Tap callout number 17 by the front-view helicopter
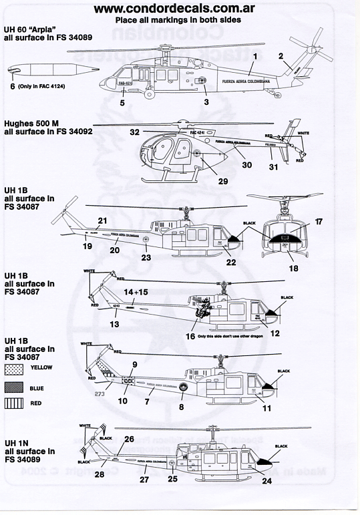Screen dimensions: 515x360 (319, 220)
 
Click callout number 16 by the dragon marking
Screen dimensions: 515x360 (190, 337)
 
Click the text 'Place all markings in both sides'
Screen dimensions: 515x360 (180, 21)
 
